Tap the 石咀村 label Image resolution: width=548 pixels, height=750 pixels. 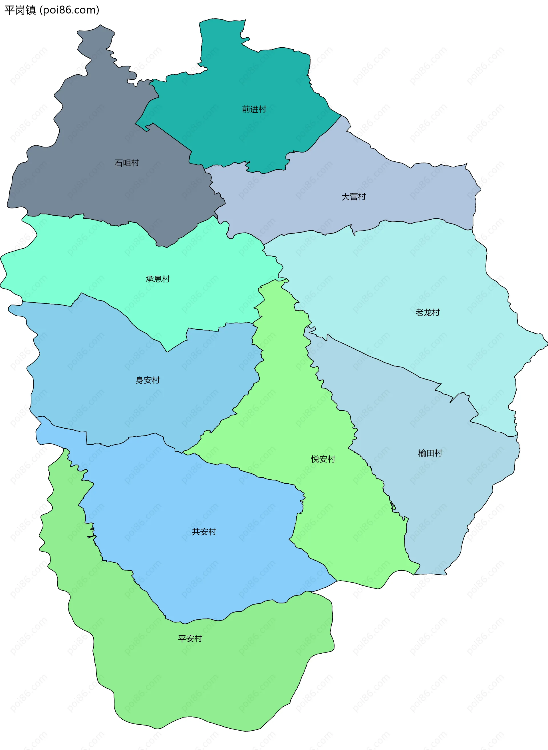point(127,163)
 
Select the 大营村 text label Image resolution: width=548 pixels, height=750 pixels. point(353,197)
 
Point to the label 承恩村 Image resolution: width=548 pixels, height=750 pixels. point(158,279)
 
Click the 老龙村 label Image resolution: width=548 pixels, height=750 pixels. point(427,313)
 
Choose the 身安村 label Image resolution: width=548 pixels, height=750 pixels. point(148,380)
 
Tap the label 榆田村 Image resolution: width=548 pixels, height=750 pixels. point(430,453)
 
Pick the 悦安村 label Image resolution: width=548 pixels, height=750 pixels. point(323,459)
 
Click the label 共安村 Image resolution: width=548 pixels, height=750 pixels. point(204,532)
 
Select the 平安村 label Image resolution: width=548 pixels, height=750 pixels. point(190,639)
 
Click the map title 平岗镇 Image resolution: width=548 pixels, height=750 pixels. point(20,10)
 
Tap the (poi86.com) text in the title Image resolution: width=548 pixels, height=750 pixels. point(69,10)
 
